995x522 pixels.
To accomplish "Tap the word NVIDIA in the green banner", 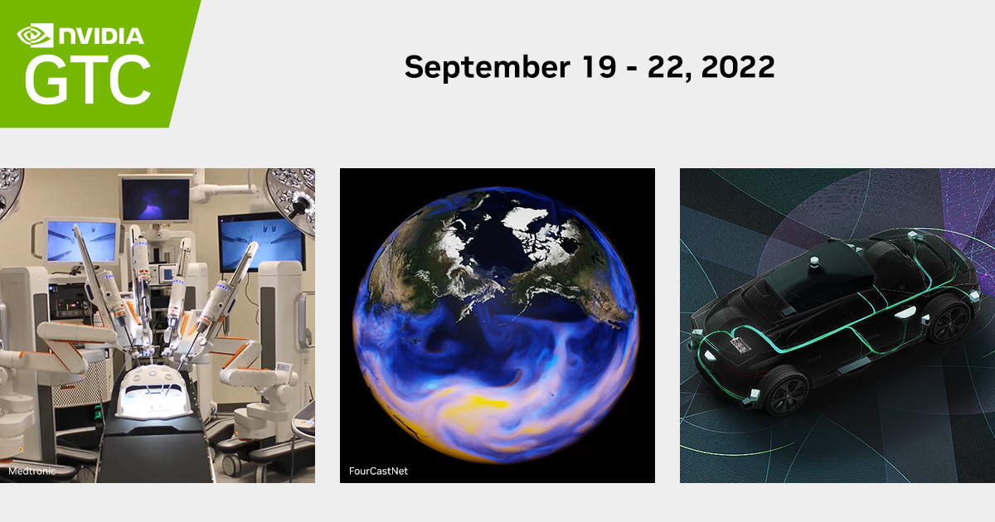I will click(x=100, y=36).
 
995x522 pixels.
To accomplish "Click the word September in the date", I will click(x=486, y=67).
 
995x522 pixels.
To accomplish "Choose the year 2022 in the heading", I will click(x=738, y=67).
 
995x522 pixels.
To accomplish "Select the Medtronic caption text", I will click(x=31, y=471).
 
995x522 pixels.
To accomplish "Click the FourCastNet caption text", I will click(x=378, y=471).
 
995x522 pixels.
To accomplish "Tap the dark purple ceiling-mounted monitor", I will click(x=155, y=199).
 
